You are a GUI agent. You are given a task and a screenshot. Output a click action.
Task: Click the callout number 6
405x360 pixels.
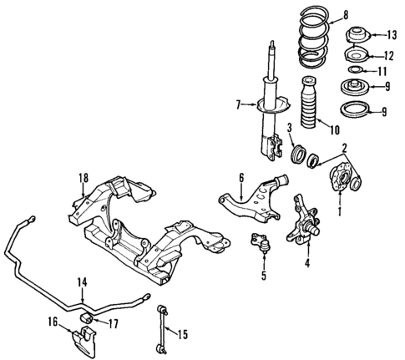[x=241, y=177]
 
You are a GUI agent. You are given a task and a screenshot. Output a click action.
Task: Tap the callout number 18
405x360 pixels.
[x=83, y=176]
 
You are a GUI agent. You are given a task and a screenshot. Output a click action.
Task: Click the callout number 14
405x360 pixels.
[x=83, y=281]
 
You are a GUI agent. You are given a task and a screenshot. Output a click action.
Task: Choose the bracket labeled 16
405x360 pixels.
[x=84, y=340]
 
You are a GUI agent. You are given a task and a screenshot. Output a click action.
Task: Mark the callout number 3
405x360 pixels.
[x=288, y=127]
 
